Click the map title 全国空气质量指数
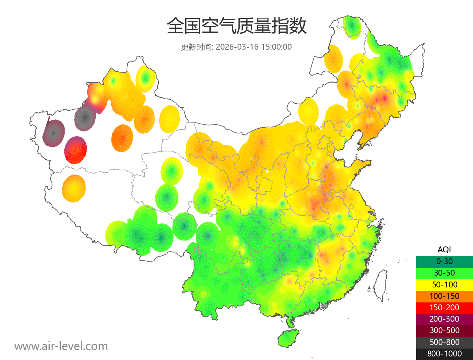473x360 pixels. [236, 26]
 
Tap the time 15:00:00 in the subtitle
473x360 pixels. [276, 47]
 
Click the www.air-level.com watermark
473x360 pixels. [61, 346]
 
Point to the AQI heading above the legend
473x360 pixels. [444, 250]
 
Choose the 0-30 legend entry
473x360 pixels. [444, 261]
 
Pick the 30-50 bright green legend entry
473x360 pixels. [444, 273]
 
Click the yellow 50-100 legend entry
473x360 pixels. [444, 284]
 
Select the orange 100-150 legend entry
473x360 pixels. [444, 296]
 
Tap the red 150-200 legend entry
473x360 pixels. [444, 308]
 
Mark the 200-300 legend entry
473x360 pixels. [444, 319]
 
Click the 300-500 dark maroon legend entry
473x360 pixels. [444, 330]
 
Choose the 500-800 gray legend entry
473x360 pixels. [444, 342]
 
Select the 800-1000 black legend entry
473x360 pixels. [444, 354]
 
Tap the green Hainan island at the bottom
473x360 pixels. [289, 339]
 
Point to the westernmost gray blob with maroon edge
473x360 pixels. [54, 133]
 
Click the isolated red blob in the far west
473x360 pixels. [76, 150]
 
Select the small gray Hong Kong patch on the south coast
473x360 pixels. [325, 306]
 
